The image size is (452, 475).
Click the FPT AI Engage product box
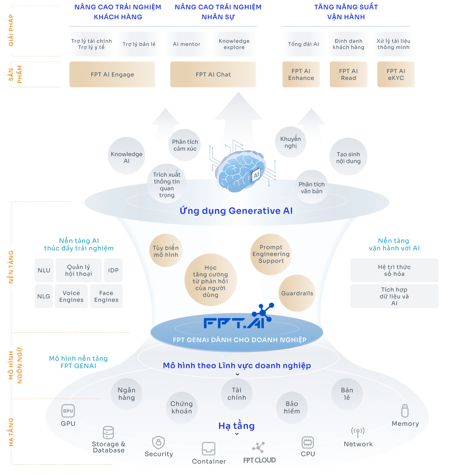pyautogui.click(x=112, y=74)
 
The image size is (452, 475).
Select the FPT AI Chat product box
pyautogui.click(x=213, y=74)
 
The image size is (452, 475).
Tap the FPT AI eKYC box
pyautogui.click(x=396, y=74)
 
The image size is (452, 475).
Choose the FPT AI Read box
pyautogui.click(x=348, y=74)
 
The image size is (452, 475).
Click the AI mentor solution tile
pyautogui.click(x=186, y=44)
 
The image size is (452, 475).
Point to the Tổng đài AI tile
pyautogui.click(x=303, y=44)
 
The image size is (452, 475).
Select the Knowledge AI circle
pyautogui.click(x=126, y=156)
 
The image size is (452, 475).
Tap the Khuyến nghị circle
pyautogui.click(x=290, y=142)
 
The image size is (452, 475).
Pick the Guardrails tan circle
pyautogui.click(x=297, y=293)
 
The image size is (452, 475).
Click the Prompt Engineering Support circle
pyautogui.click(x=271, y=254)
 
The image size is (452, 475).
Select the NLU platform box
pyautogui.click(x=44, y=270)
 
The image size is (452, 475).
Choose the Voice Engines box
pyautogui.click(x=71, y=296)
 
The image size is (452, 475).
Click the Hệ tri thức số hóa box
pyautogui.click(x=394, y=270)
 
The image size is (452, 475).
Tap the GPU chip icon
pyautogui.click(x=68, y=411)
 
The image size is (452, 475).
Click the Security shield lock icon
pyautogui.click(x=159, y=442)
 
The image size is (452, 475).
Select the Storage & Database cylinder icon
pyautogui.click(x=108, y=432)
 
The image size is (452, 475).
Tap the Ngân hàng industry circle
pyautogui.click(x=126, y=394)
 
